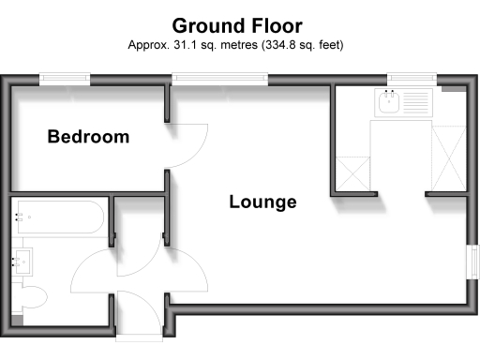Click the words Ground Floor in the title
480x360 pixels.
coord(238,26)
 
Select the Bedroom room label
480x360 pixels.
coord(89,138)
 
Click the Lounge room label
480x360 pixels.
coord(263,202)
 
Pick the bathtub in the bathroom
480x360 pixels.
coord(59,218)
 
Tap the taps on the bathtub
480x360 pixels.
coord(20,218)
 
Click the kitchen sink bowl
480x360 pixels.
coord(386,100)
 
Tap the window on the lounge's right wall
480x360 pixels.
coord(472,262)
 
